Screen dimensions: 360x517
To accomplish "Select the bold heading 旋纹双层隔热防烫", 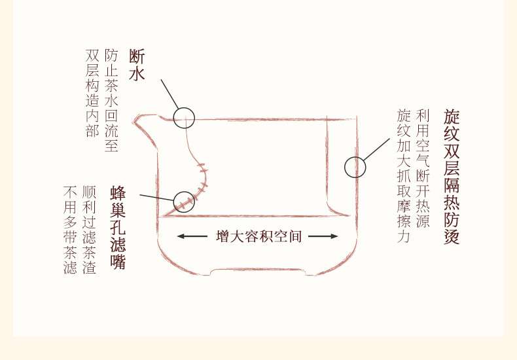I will (452, 176).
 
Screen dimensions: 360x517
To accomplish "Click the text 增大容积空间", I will (258, 236).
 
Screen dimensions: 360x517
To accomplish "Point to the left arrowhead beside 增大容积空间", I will (182, 236).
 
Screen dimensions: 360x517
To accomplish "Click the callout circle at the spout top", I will (185, 118).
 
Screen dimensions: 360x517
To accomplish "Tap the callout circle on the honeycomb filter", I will (184, 200).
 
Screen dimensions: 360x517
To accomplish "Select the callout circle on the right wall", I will (355, 168).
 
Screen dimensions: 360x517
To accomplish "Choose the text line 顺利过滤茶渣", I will (90, 230).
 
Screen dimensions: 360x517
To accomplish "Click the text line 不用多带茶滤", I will (71, 230).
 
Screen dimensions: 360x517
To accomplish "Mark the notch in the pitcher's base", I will (258, 270).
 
